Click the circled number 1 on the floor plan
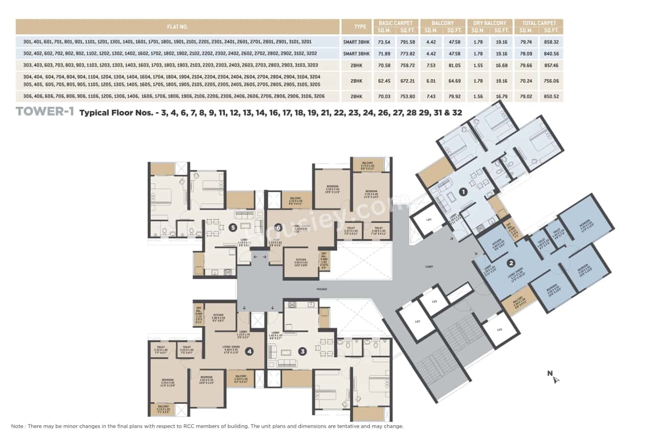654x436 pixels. [463, 192]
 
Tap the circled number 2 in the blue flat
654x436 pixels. [510, 264]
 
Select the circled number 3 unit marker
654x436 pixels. [302, 351]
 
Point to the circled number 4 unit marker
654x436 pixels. [249, 351]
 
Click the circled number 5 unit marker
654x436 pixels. [232, 228]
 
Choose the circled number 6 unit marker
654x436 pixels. [278, 228]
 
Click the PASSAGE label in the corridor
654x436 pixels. [321, 289]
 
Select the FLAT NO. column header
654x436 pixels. [177, 27]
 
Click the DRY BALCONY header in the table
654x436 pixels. [489, 23]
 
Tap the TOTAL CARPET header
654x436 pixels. [539, 23]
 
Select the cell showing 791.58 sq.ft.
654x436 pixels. [407, 41]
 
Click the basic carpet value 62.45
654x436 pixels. [386, 81]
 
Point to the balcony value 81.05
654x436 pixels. [454, 65]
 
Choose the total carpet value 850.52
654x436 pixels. [552, 96]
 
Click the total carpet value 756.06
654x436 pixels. [552, 81]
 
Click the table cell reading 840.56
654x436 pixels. [552, 53]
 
